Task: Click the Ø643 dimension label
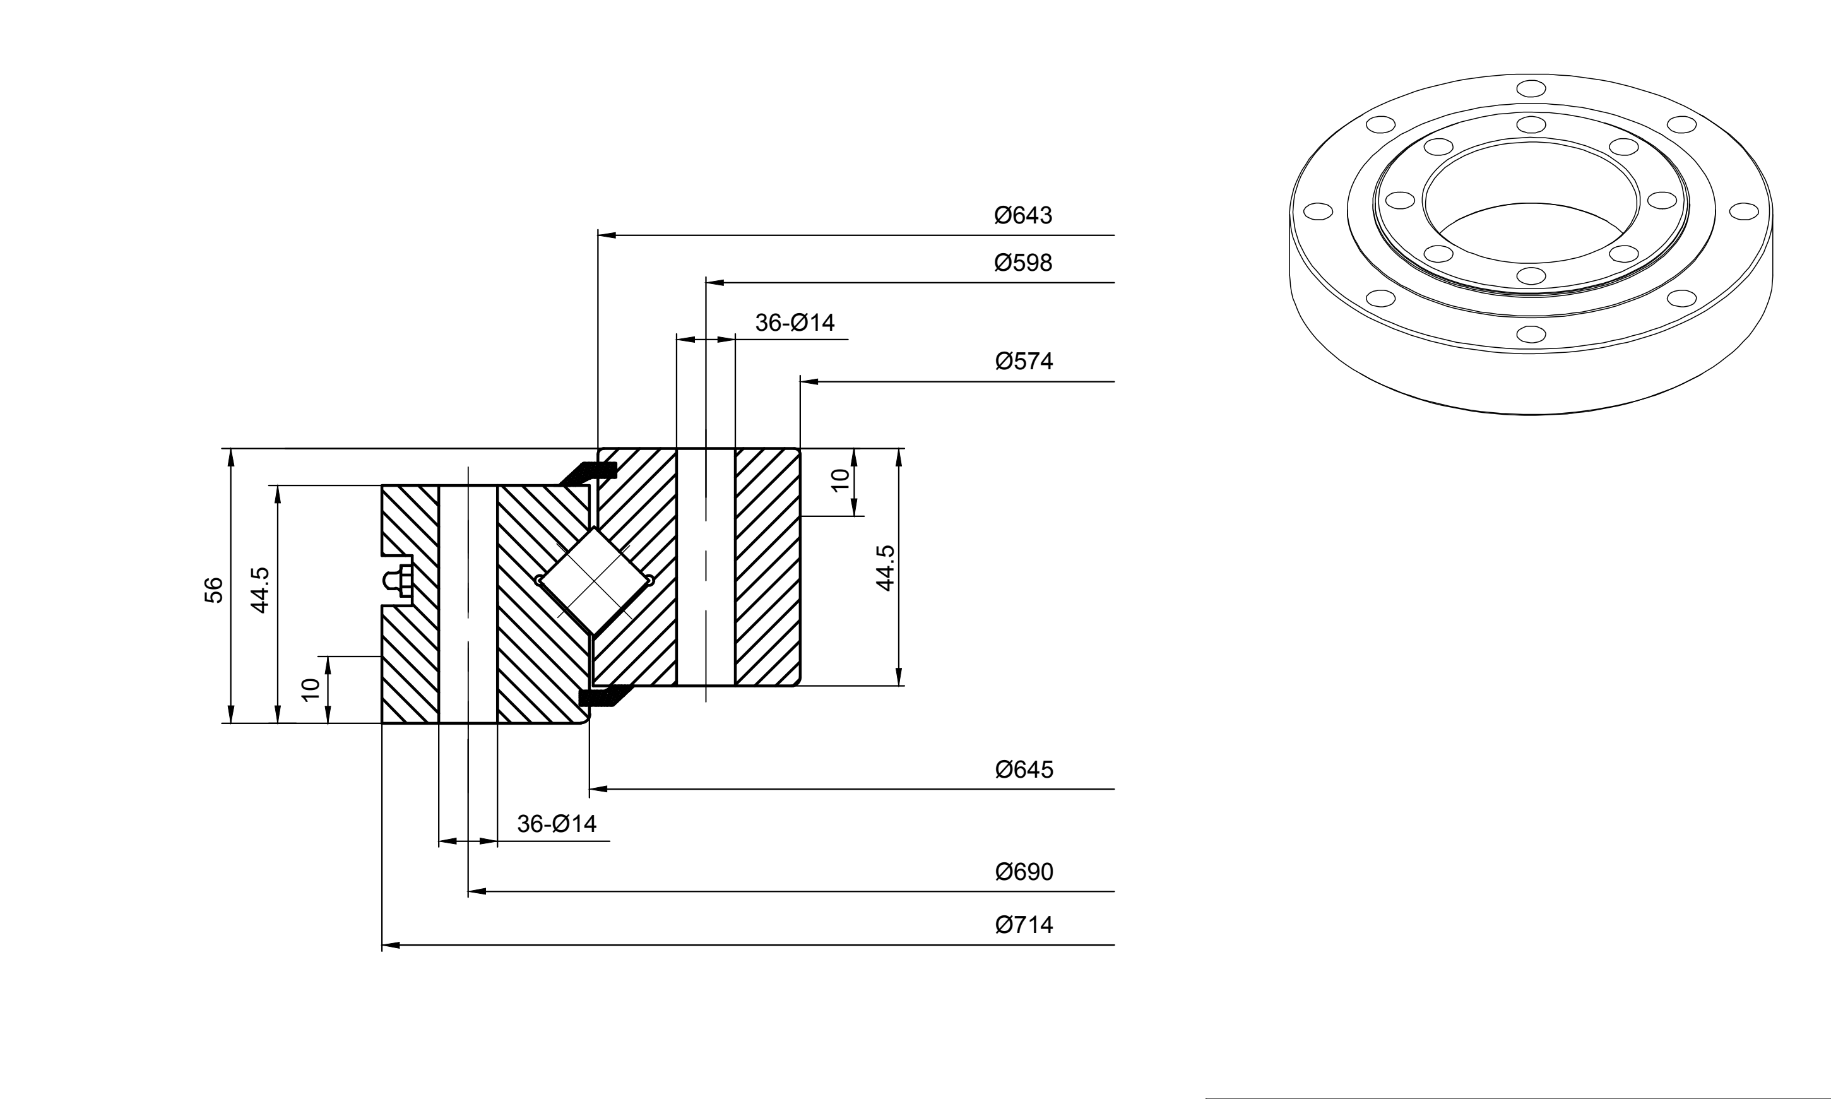point(1022,215)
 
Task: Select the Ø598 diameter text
point(1022,263)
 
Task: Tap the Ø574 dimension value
point(1023,362)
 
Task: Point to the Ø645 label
point(1023,769)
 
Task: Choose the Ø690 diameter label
point(1023,872)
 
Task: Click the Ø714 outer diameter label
point(1023,925)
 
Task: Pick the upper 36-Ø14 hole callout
point(795,323)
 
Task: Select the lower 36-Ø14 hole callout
point(556,824)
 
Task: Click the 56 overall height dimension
point(213,590)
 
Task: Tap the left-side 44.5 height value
point(260,590)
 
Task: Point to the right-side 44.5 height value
point(886,568)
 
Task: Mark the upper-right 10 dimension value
point(839,480)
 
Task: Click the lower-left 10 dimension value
point(311,689)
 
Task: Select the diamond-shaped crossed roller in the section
point(595,581)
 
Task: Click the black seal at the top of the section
point(590,472)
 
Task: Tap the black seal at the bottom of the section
point(603,697)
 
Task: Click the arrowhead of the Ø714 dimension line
point(391,946)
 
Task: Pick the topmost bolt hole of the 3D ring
point(1531,89)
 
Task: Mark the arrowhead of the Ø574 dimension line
point(810,381)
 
